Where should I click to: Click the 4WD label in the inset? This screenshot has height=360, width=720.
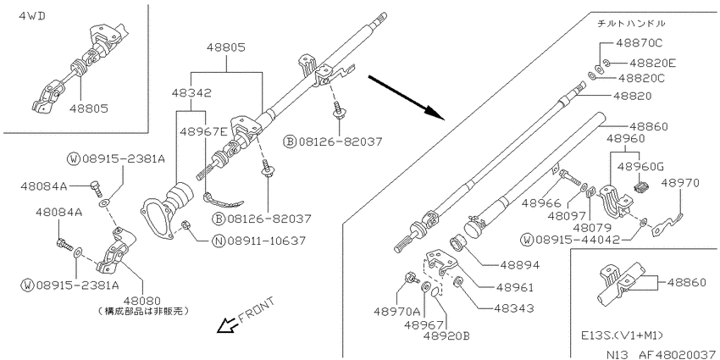pyautogui.click(x=32, y=17)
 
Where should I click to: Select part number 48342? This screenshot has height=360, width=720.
pyautogui.click(x=192, y=93)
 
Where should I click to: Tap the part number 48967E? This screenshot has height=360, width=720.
pyautogui.click(x=203, y=132)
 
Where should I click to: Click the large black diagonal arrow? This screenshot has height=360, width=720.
pyautogui.click(x=407, y=97)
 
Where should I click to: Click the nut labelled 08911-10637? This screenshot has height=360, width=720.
pyautogui.click(x=186, y=225)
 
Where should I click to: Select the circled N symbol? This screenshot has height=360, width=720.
pyautogui.click(x=220, y=241)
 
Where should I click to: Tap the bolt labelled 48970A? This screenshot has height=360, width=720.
pyautogui.click(x=410, y=277)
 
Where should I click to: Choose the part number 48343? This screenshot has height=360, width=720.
pyautogui.click(x=514, y=308)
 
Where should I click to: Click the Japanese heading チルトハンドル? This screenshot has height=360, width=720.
pyautogui.click(x=631, y=23)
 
